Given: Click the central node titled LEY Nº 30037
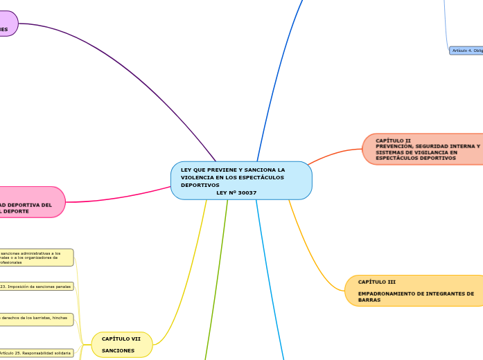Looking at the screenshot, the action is (x=241, y=181).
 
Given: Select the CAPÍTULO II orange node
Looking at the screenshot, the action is (x=423, y=149).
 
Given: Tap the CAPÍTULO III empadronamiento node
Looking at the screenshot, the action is (x=414, y=291).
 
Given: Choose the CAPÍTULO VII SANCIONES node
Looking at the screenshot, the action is (x=122, y=345).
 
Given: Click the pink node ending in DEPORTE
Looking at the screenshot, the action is (x=31, y=202).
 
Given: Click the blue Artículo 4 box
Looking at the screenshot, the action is (x=466, y=51).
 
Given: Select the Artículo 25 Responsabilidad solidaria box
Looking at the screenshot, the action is (x=36, y=353).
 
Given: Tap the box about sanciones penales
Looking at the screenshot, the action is (x=36, y=286).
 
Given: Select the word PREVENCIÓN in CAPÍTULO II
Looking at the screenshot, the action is (x=398, y=146).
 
